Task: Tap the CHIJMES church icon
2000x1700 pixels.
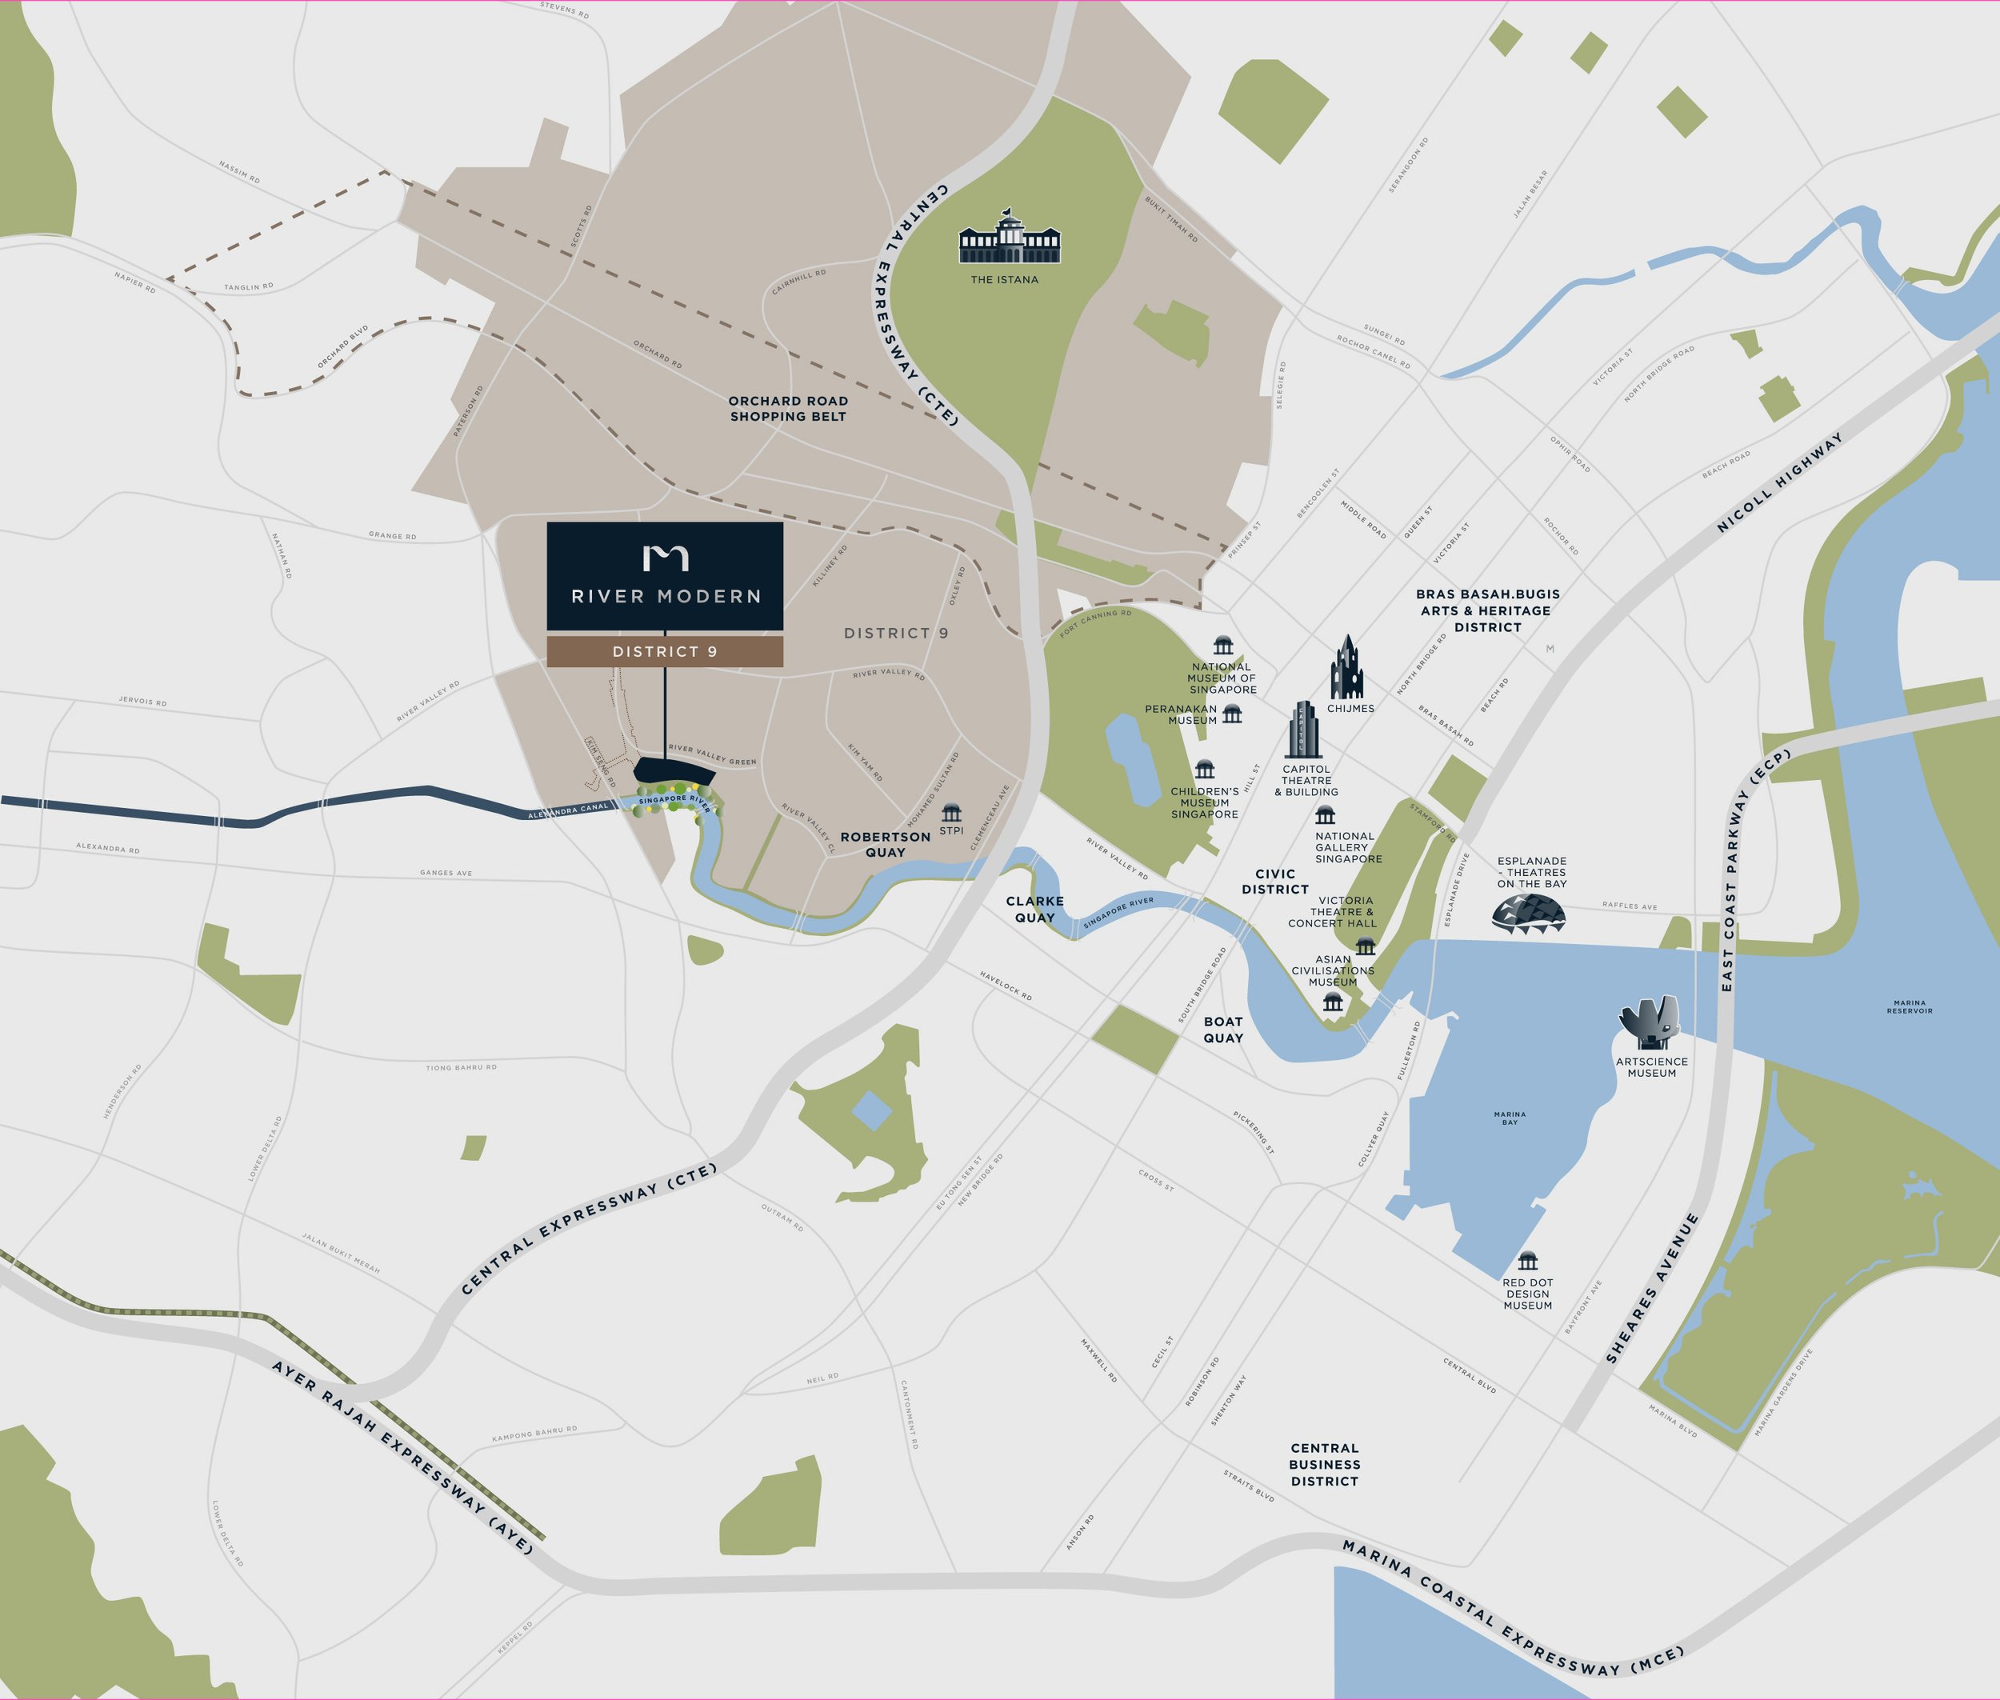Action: pyautogui.click(x=1346, y=668)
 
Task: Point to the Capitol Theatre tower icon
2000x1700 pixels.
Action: pyautogui.click(x=1303, y=730)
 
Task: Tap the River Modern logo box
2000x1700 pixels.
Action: pyautogui.click(x=664, y=576)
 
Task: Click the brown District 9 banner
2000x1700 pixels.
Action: pyautogui.click(x=664, y=651)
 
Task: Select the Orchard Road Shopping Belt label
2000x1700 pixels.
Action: pyautogui.click(x=787, y=409)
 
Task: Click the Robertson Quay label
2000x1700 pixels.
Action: pyautogui.click(x=885, y=844)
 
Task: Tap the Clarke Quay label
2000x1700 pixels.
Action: pyautogui.click(x=1034, y=909)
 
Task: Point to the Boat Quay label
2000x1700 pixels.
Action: pyautogui.click(x=1222, y=1030)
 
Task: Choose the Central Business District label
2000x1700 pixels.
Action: pyautogui.click(x=1323, y=1464)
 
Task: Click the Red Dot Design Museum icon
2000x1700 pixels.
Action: pyautogui.click(x=1526, y=1262)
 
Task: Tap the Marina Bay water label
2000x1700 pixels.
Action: pyautogui.click(x=1510, y=1118)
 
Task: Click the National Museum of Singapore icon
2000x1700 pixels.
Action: pyautogui.click(x=1222, y=645)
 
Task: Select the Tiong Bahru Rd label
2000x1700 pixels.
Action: pyautogui.click(x=461, y=1068)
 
